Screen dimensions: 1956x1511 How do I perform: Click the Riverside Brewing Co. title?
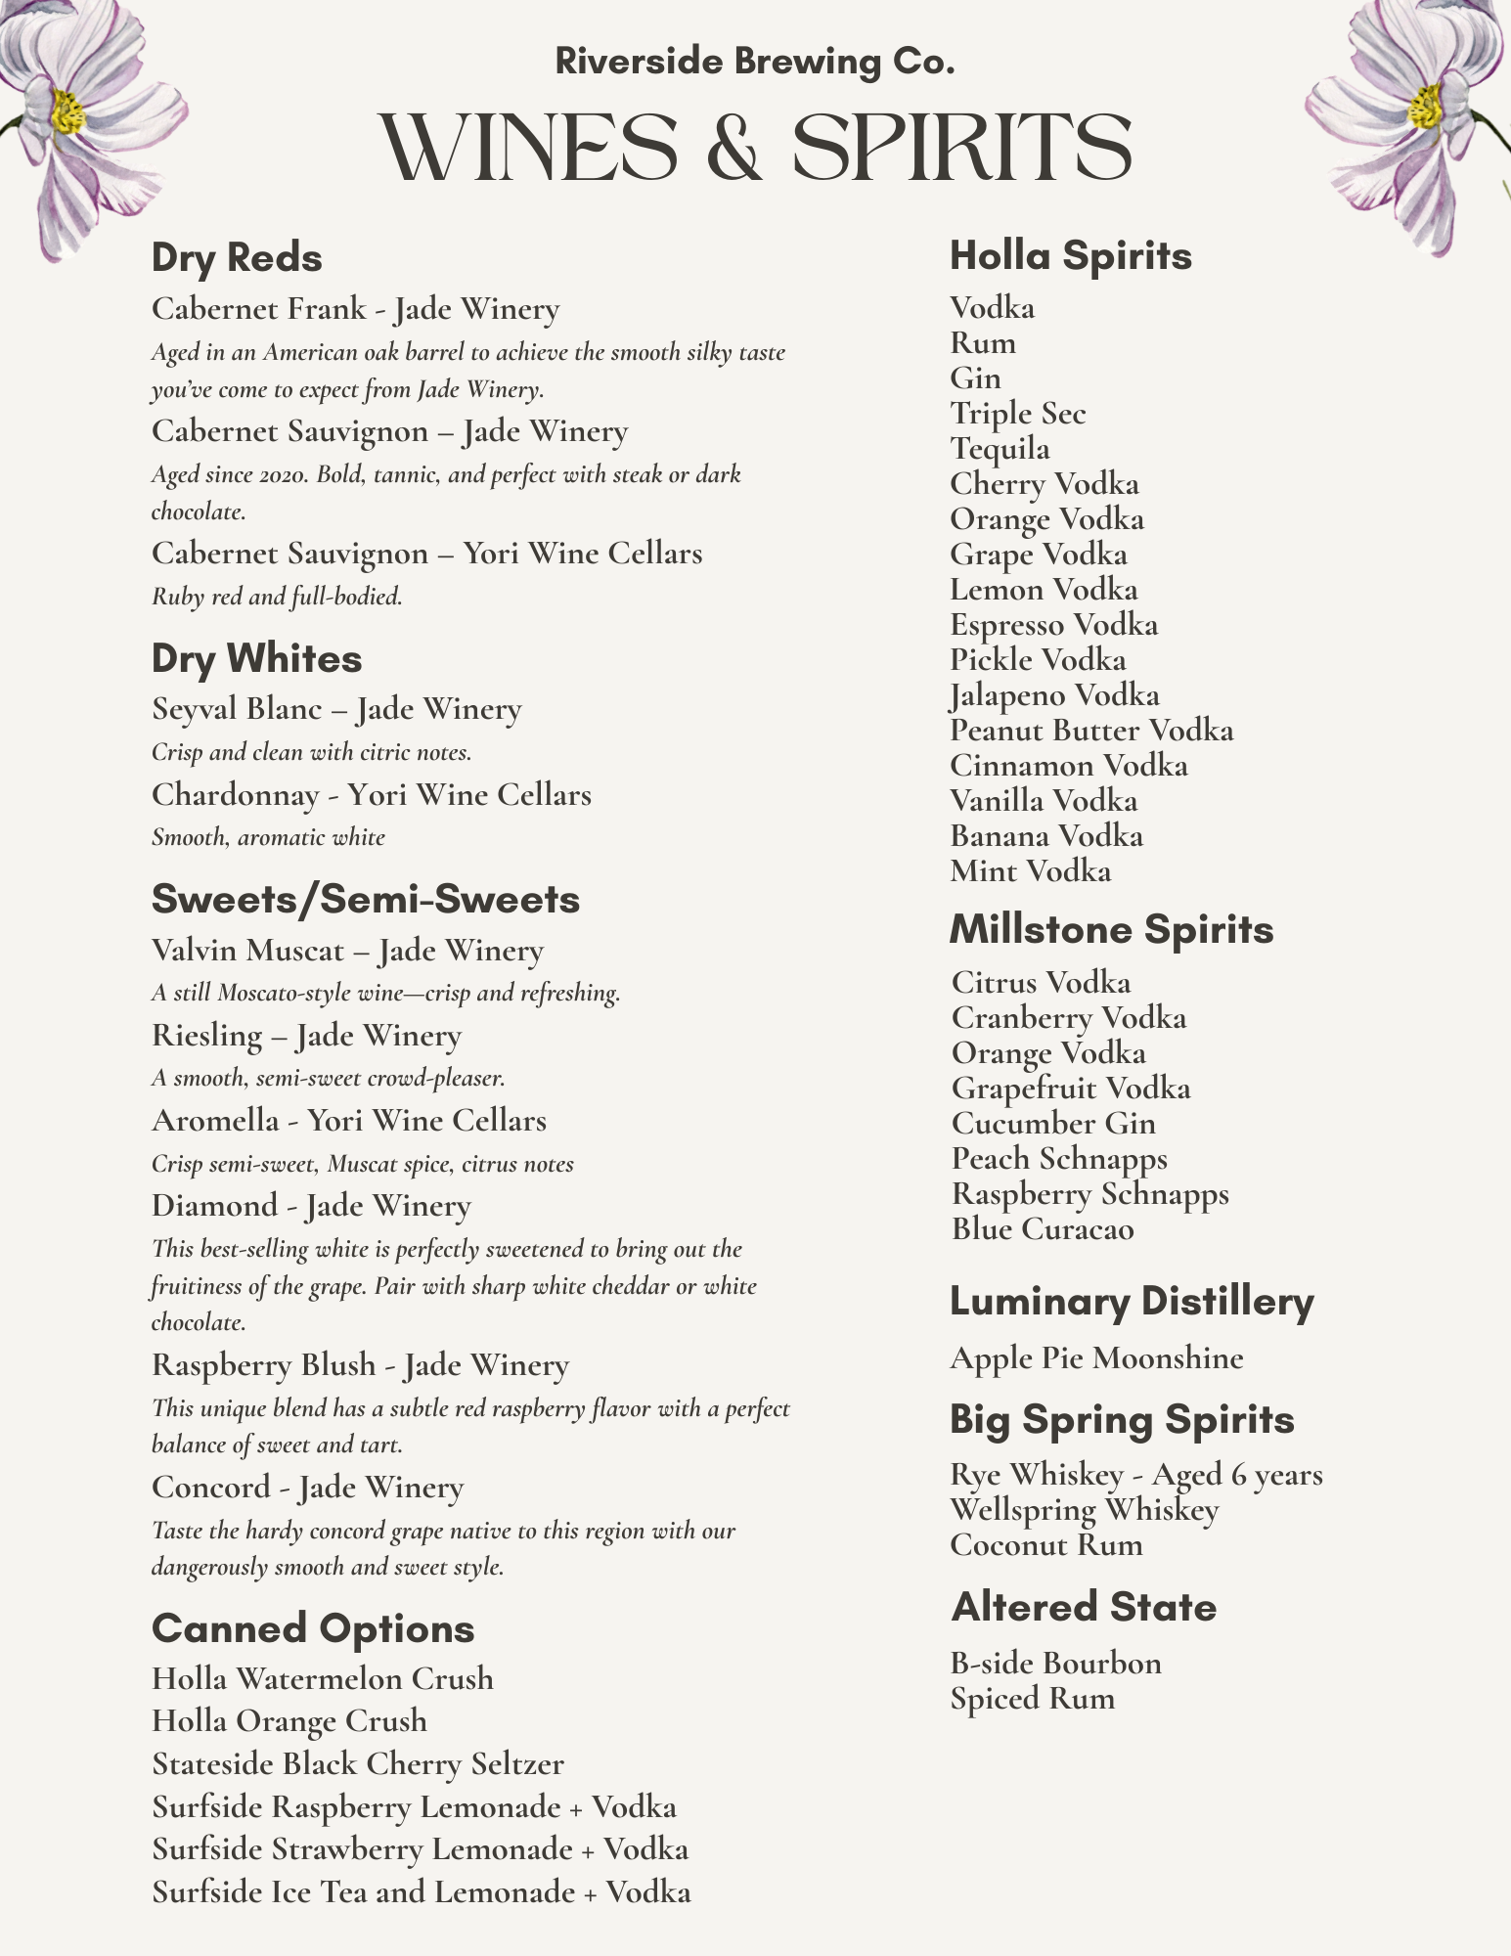click(x=754, y=62)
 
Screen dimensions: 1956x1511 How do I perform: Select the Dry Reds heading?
click(x=237, y=258)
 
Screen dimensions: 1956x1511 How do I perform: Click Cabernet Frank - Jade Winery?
click(x=355, y=309)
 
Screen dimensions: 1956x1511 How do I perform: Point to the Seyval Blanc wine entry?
click(x=336, y=708)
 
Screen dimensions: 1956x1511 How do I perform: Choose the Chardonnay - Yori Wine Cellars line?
click(x=371, y=794)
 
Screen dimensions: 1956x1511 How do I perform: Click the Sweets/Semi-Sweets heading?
click(x=366, y=899)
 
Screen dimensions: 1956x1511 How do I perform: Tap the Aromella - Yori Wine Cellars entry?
click(x=348, y=1120)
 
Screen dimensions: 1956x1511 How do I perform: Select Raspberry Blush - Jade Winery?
click(x=360, y=1364)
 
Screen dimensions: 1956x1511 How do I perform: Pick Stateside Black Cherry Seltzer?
click(x=358, y=1763)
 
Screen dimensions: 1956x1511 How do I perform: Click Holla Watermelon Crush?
click(x=323, y=1678)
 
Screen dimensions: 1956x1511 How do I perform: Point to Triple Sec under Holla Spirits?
click(x=1017, y=414)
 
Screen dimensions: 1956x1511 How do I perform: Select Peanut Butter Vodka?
click(x=1091, y=731)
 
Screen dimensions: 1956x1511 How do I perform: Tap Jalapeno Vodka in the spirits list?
click(x=1054, y=695)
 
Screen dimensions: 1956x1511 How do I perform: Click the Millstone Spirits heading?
click(x=1111, y=929)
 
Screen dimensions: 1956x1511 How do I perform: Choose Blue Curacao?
click(x=1043, y=1228)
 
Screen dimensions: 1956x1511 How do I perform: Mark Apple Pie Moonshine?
click(x=1096, y=1357)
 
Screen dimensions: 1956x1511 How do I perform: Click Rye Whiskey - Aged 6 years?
click(x=1136, y=1474)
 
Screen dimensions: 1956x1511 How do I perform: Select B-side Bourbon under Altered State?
click(x=1055, y=1663)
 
